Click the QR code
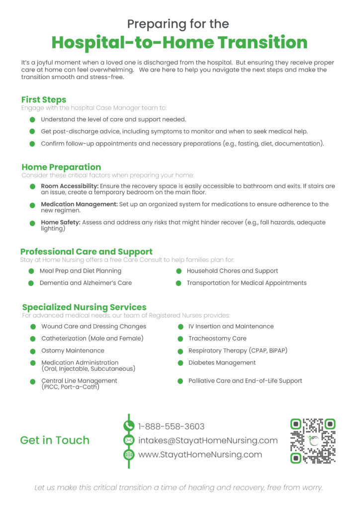(x=313, y=440)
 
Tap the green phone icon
(x=129, y=426)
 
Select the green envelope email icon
(x=129, y=440)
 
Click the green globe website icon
(x=129, y=454)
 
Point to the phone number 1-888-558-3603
(x=171, y=426)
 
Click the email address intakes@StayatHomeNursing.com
(x=208, y=440)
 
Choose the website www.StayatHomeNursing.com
(x=200, y=454)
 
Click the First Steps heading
(x=44, y=100)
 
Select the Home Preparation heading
(x=61, y=167)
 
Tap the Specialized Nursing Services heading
(x=84, y=307)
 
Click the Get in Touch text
(x=55, y=440)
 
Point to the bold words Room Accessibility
(x=70, y=186)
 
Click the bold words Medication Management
(x=79, y=204)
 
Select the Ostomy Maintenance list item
(x=73, y=351)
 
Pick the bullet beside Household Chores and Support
(x=178, y=271)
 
